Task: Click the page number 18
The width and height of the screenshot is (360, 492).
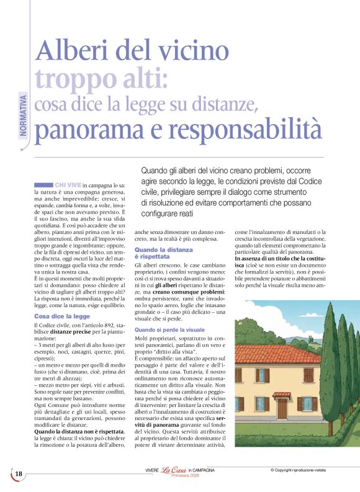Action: [x=19, y=475]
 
